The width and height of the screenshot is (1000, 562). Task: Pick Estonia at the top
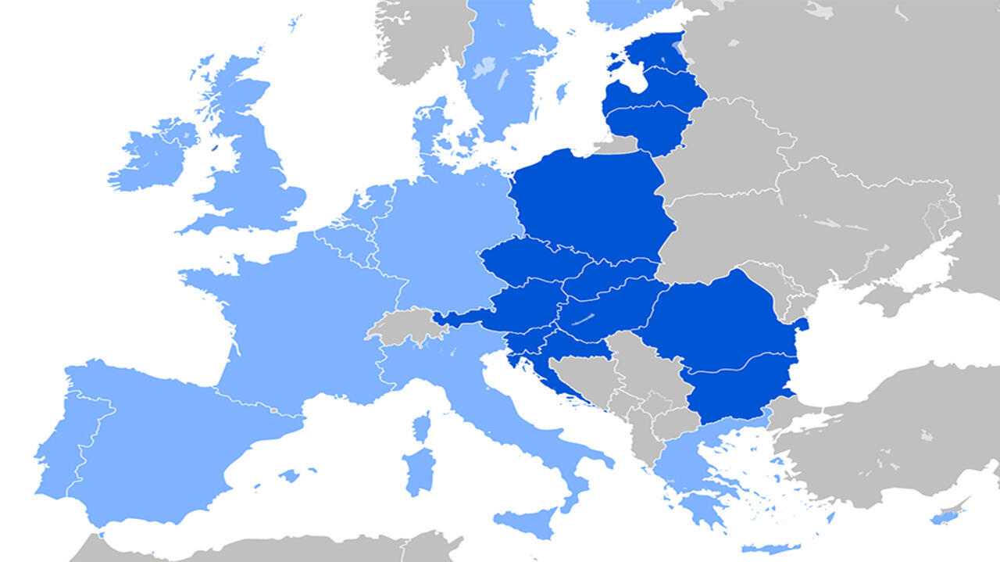(x=656, y=51)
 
